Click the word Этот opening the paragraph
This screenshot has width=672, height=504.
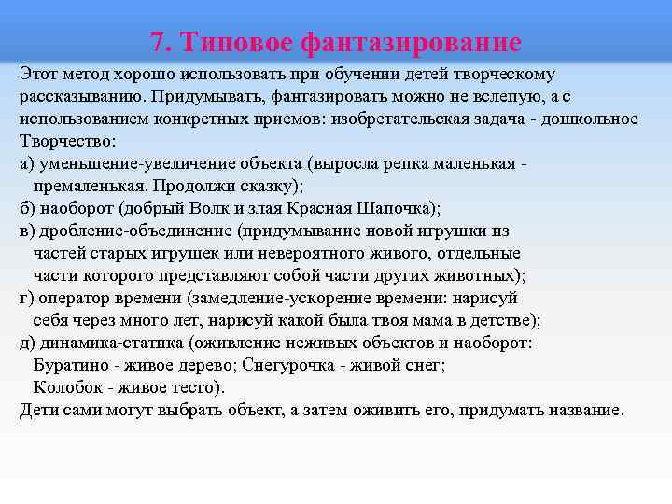(x=37, y=74)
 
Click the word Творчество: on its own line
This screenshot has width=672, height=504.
(x=68, y=141)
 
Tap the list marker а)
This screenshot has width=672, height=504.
(x=27, y=163)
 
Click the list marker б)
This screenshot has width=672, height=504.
(x=27, y=208)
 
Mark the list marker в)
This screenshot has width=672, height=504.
(x=27, y=231)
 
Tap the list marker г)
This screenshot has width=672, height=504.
(x=26, y=298)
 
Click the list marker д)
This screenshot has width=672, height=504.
(x=27, y=343)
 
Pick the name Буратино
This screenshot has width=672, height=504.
(x=71, y=365)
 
